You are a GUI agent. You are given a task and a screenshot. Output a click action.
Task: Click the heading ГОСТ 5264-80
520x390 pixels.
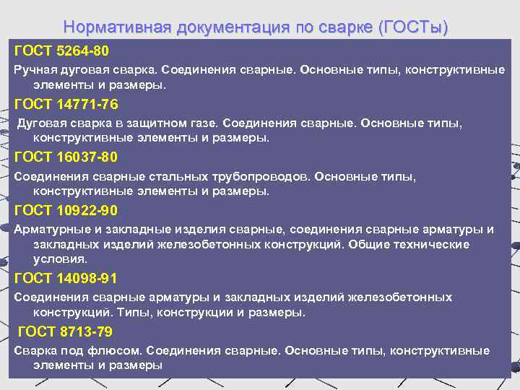pyautogui.click(x=61, y=51)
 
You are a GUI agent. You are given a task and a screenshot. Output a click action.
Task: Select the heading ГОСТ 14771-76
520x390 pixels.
pyautogui.click(x=66, y=104)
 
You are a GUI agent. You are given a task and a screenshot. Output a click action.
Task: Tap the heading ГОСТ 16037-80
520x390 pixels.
pyautogui.click(x=66, y=157)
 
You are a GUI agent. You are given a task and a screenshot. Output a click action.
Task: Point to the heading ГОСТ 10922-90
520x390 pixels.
pyautogui.click(x=66, y=211)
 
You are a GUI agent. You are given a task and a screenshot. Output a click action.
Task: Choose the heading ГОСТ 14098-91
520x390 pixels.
pyautogui.click(x=66, y=278)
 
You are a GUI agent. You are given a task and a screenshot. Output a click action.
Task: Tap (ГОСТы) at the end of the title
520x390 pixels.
pyautogui.click(x=412, y=27)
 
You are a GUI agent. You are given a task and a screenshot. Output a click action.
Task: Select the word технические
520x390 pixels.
pyautogui.click(x=433, y=244)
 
